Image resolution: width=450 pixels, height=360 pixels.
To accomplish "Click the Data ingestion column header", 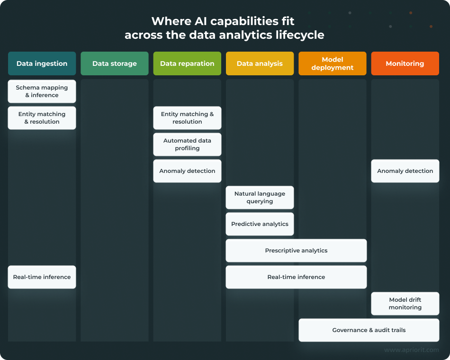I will [42, 63].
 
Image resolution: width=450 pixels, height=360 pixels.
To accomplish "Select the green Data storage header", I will [114, 63].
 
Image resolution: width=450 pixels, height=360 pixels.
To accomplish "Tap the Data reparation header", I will [187, 63].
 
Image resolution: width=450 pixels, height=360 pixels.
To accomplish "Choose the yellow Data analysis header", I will [260, 63].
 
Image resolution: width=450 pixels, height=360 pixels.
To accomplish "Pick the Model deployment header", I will [332, 63].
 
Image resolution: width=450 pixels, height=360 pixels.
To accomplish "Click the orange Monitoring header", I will [405, 63].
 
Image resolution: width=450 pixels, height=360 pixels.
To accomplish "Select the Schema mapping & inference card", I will [42, 91].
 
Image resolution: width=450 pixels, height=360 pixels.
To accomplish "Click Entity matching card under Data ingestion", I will [42, 118].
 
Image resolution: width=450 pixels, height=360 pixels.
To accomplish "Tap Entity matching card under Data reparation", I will [187, 118].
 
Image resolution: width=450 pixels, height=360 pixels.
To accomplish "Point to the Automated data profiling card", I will [187, 144].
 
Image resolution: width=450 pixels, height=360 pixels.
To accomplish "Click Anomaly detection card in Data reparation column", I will [187, 171].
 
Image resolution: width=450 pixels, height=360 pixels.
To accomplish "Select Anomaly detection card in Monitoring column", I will [405, 171].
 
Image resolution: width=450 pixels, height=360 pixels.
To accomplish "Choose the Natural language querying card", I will [260, 198].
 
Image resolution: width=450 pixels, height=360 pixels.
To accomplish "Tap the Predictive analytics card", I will [260, 224].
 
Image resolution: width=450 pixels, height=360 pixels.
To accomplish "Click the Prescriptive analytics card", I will [296, 251].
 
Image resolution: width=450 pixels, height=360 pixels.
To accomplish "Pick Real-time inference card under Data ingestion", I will [42, 277].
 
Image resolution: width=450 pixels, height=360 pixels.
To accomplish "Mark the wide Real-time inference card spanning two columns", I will [296, 277].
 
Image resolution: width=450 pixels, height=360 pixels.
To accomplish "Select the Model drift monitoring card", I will [405, 304].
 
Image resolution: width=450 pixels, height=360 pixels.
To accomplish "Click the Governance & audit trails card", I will [369, 330].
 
